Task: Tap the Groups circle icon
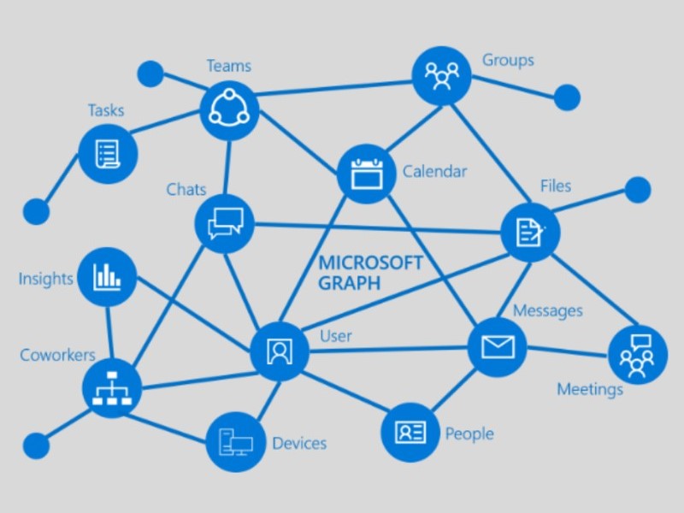(x=441, y=75)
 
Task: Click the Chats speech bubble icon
(x=225, y=223)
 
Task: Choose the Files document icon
(x=530, y=231)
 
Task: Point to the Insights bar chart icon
(x=107, y=276)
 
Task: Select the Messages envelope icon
(x=497, y=346)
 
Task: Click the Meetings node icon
(x=637, y=355)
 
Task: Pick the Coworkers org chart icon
(x=112, y=388)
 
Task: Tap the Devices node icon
(x=235, y=441)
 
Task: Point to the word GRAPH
(x=349, y=284)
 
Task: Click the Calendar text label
(x=434, y=172)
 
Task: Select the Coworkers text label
(x=58, y=355)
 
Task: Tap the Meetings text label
(x=590, y=390)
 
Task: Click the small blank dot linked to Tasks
(x=36, y=210)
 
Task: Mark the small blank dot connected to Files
(x=637, y=190)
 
